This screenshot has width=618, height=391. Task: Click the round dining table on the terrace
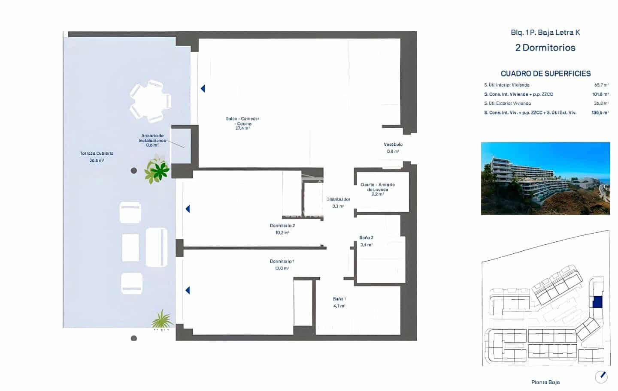(151, 101)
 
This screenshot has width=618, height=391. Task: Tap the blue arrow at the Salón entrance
(203, 89)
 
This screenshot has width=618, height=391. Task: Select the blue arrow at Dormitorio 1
(188, 290)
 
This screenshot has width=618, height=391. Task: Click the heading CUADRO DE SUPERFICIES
(545, 74)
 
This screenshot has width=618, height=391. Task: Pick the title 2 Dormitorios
(545, 48)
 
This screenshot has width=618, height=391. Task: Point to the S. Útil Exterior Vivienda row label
(507, 103)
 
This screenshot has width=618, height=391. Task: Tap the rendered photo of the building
(545, 178)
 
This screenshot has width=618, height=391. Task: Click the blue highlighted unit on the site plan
(597, 302)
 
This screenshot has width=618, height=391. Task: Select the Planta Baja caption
(545, 382)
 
